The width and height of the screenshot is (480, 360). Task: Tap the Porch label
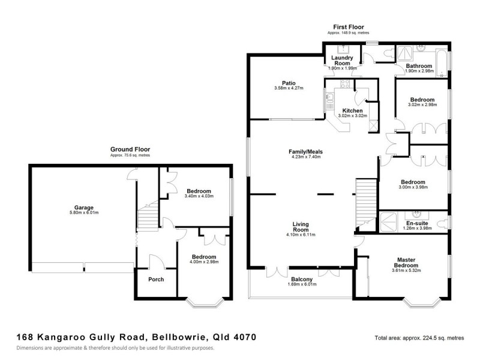156,279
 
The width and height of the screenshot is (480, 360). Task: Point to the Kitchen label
352,111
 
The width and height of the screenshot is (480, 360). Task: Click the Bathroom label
418,65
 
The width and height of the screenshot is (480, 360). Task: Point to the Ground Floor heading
130,149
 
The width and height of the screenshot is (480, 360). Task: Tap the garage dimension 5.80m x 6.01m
83,213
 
